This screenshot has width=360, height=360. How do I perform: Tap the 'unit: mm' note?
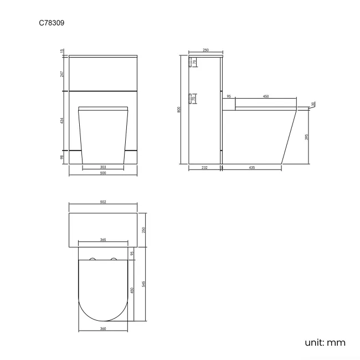point(325,342)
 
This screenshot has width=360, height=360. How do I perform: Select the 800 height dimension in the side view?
point(179,110)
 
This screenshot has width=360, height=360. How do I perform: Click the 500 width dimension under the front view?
point(102,173)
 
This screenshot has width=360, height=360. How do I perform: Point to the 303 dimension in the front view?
point(103,166)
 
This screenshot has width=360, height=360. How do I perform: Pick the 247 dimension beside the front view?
point(63,73)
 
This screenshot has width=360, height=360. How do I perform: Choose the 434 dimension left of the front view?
point(63,120)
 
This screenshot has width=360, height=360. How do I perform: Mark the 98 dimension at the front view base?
point(63,157)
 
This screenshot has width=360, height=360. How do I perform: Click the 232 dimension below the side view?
point(204,167)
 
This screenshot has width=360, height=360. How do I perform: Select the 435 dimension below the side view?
point(252,167)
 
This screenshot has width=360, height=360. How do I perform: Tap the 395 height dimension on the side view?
point(307,137)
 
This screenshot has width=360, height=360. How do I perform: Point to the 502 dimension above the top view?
point(103,202)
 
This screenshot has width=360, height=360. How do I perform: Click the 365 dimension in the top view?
point(103,240)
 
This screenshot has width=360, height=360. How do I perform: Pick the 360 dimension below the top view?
point(103,328)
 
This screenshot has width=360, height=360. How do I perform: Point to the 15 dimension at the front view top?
point(63,52)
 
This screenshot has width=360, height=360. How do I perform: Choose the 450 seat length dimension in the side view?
point(265,96)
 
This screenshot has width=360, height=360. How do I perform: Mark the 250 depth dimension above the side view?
point(205,50)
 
